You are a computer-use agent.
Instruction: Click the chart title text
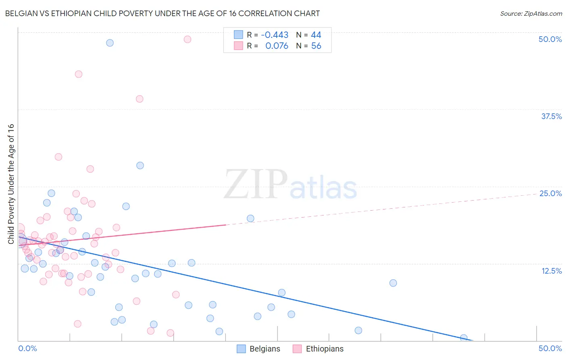click(163, 13)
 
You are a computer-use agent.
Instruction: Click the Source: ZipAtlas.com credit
click(531, 13)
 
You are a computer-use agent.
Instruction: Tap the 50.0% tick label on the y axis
click(550, 39)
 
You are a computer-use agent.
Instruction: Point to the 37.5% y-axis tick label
click(551, 116)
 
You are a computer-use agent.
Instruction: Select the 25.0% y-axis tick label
click(550, 193)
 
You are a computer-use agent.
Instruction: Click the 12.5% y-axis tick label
click(551, 271)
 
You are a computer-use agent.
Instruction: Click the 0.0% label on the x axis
click(27, 348)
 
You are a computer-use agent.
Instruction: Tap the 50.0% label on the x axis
click(550, 348)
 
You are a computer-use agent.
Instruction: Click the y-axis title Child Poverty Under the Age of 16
click(11, 184)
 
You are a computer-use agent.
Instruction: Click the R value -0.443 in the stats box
click(275, 35)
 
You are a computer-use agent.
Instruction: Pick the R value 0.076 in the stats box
click(277, 46)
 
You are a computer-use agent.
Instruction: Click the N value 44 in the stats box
click(316, 35)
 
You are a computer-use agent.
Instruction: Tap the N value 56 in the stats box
click(316, 46)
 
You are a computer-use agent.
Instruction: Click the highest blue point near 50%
click(110, 43)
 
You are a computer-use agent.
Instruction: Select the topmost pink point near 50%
click(188, 39)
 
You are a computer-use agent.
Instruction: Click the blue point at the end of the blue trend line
click(464, 338)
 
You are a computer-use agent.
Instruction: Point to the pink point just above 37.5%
click(140, 99)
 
